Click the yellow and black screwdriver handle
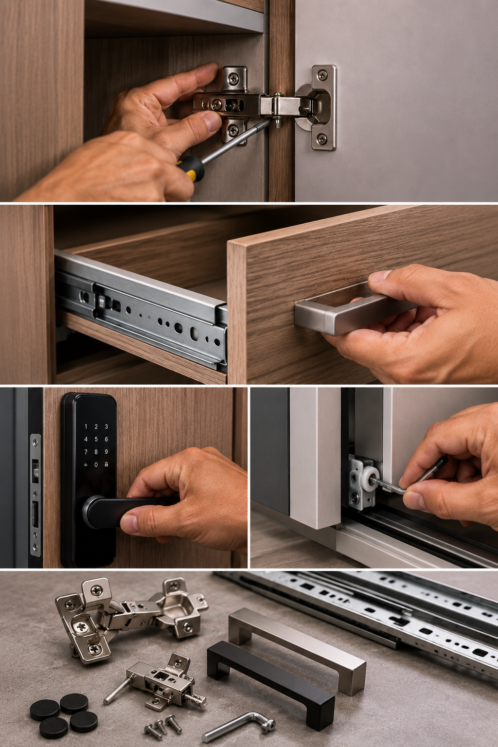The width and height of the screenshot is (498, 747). click(191, 167)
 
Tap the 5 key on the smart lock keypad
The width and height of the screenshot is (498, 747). click(96, 439)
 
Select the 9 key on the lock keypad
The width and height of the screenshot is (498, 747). click(107, 452)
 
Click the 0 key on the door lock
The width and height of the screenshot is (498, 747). click(96, 464)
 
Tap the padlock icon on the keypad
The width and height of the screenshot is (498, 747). click(107, 464)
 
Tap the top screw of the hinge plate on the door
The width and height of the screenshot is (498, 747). click(322, 75)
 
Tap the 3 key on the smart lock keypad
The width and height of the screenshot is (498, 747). click(107, 427)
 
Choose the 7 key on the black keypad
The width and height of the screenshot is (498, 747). click(86, 452)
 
